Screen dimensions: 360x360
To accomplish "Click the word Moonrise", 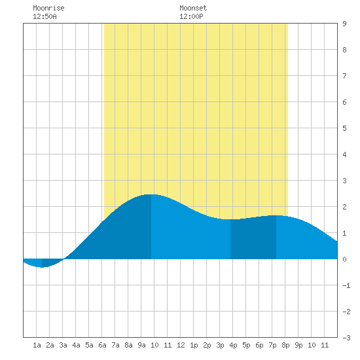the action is coord(48,8).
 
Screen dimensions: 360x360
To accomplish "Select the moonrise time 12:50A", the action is coord(45,16).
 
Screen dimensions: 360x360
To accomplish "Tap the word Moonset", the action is coord(193,8).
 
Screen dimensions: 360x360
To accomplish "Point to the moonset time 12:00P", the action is coord(191,16).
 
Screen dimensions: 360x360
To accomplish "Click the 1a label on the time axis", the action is coord(37,345).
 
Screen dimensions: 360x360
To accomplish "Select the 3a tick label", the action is coord(63,345).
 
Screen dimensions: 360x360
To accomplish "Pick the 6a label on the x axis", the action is coord(102,345).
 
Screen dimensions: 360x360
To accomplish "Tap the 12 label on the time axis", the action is coord(181,345).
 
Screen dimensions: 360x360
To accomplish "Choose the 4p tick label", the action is coord(233,345).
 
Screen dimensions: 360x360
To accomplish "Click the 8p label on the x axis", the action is coord(285,345).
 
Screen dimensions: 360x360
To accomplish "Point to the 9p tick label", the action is coord(298,345).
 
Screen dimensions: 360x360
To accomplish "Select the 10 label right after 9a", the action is coord(154,345).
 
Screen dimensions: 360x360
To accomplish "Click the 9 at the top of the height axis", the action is coord(344,24).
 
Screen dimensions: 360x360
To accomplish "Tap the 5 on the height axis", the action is coord(344,128).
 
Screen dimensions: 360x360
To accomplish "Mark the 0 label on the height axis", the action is coord(344,259).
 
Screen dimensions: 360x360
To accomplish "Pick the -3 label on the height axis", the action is coord(346,338).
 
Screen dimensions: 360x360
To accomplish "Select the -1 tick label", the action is coord(346,285).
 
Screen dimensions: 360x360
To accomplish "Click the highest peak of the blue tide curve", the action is coord(151,194).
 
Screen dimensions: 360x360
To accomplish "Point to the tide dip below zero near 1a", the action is coord(42,267).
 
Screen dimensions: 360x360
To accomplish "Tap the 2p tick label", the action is coord(207,345).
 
